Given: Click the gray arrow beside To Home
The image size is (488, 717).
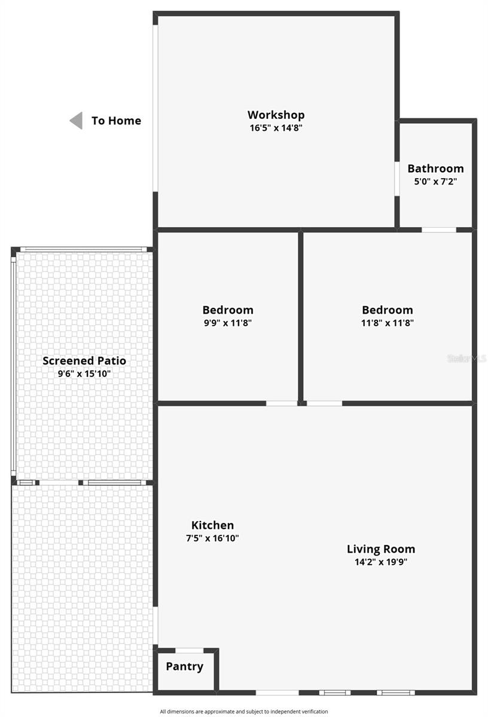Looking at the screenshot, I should pyautogui.click(x=76, y=121).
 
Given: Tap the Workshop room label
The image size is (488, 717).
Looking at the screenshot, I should pyautogui.click(x=276, y=115).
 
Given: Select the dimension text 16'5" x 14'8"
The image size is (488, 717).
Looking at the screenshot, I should pyautogui.click(x=276, y=128).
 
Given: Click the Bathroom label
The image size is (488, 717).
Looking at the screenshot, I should pyautogui.click(x=435, y=168).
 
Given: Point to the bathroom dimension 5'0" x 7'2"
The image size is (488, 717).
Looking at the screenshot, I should pyautogui.click(x=435, y=182).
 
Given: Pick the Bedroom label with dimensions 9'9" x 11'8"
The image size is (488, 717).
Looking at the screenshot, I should pyautogui.click(x=227, y=310).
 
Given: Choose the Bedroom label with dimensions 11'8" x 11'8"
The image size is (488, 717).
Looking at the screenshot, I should pyautogui.click(x=387, y=310).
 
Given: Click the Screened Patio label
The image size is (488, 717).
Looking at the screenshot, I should pyautogui.click(x=84, y=361).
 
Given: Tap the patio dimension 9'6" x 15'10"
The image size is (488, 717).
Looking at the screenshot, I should pyautogui.click(x=84, y=374).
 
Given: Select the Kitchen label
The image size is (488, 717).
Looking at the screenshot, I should pyautogui.click(x=212, y=525).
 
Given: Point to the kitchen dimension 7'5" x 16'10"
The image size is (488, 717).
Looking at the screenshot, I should pyautogui.click(x=212, y=538).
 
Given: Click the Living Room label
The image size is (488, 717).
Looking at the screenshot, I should pyautogui.click(x=381, y=549).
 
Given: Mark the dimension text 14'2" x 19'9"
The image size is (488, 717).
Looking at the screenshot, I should pyautogui.click(x=381, y=562).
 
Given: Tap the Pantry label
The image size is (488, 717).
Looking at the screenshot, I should pyautogui.click(x=184, y=666).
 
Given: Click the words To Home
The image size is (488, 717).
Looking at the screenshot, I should pyautogui.click(x=116, y=121).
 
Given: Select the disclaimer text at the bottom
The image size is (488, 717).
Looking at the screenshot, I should pyautogui.click(x=244, y=712).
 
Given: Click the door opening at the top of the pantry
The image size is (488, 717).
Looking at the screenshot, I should pyautogui.click(x=190, y=650).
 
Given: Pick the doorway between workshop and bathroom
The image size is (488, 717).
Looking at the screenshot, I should pyautogui.click(x=397, y=178).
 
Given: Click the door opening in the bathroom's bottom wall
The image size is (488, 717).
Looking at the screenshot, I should pyautogui.click(x=439, y=229).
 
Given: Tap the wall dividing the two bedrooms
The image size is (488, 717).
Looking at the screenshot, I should pyautogui.click(x=301, y=317).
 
